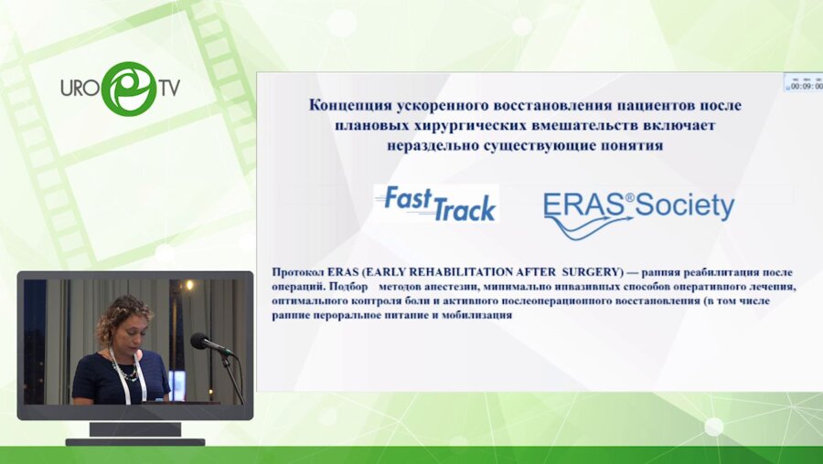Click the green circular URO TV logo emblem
(128, 88)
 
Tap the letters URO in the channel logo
(80, 88)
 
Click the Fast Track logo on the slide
(436, 204)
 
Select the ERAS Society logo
(637, 213)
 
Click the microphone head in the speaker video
(199, 341)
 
